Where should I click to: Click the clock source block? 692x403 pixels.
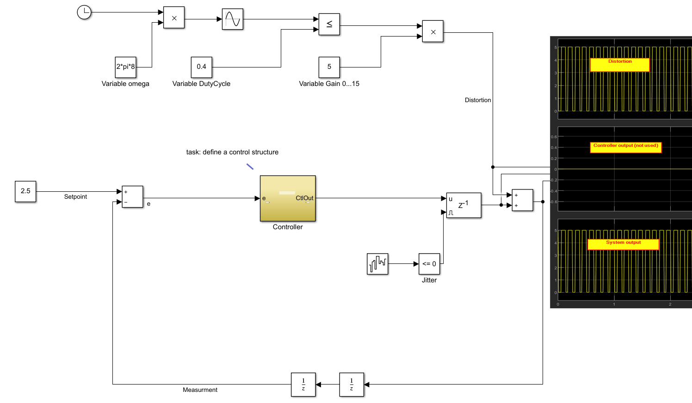point(84,12)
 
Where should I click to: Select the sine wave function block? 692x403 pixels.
point(233,19)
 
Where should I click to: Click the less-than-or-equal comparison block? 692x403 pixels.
point(329,24)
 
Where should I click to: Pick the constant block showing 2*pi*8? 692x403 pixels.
point(125,67)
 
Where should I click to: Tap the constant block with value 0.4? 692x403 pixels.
point(201,67)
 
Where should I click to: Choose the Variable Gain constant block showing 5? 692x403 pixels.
point(329,67)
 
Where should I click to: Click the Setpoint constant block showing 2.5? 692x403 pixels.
point(25,191)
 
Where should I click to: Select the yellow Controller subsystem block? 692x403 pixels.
point(288,198)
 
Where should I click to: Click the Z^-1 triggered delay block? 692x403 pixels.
point(463,205)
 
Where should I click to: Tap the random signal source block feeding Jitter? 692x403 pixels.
point(377,264)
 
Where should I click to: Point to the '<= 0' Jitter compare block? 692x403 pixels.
point(429,264)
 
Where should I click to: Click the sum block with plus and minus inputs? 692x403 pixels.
point(133,196)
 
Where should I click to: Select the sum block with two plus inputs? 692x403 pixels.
point(522,200)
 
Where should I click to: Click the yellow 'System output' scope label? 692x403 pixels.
point(623,244)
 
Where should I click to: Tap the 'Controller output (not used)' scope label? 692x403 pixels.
point(625,147)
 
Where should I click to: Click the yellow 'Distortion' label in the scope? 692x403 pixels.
point(620,65)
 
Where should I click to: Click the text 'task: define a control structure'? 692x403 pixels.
point(232,152)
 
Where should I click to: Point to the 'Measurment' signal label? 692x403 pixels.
point(200,390)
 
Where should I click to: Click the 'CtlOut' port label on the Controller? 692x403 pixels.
point(304,198)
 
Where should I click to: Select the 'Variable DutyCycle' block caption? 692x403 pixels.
point(201,84)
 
